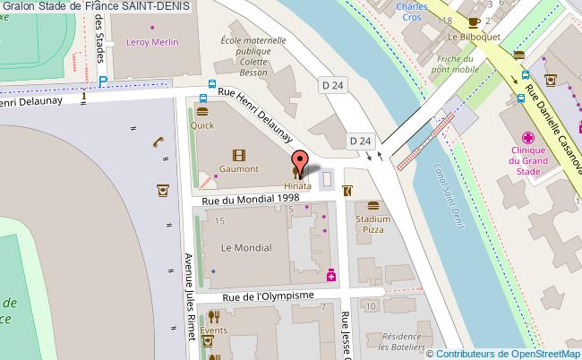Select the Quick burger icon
click(x=202, y=112)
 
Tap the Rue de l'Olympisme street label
click(x=268, y=297)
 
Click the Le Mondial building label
click(x=239, y=246)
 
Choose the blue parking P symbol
click(x=104, y=81)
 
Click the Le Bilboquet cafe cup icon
click(x=474, y=21)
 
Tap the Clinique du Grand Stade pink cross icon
click(x=529, y=137)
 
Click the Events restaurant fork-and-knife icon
click(x=213, y=316)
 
